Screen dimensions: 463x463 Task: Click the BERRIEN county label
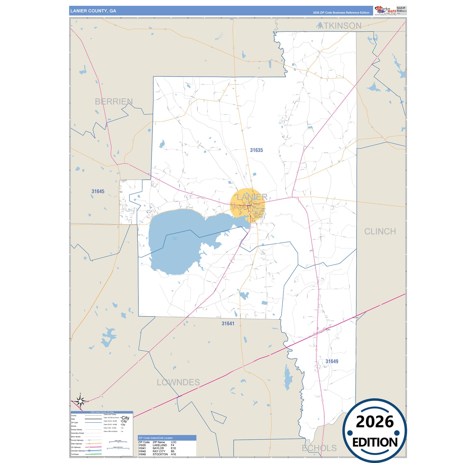point(114,102)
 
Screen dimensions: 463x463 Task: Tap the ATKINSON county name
point(340,26)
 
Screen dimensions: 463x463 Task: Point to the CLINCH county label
point(380,231)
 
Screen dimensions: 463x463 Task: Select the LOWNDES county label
point(178,382)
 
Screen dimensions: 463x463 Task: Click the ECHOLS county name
point(319,448)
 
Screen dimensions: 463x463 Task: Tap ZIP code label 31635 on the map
point(256,150)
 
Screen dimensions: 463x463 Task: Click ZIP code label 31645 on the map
point(98,191)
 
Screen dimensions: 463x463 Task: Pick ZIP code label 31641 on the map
point(228,324)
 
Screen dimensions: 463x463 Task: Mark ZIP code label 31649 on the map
point(332,361)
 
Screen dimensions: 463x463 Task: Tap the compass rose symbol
point(80,401)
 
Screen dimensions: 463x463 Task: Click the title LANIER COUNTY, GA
point(93,11)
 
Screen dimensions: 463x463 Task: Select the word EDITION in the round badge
point(375,442)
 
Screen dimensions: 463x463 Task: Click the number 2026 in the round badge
point(375,422)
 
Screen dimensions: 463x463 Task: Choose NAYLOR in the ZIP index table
point(158,448)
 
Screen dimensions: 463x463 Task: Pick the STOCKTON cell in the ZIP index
point(160,454)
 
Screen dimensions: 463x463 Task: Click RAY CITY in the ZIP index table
point(159,451)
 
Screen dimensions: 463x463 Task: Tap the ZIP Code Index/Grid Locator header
point(155,438)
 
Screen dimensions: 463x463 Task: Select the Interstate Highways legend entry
point(78,451)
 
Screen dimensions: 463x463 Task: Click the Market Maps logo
point(385,11)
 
